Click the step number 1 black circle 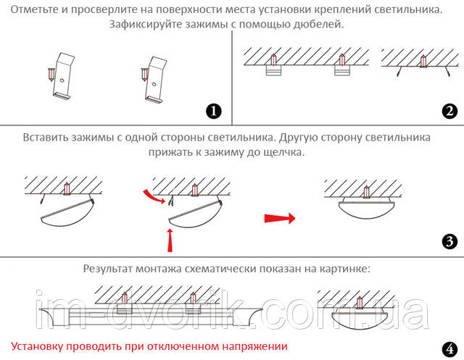coord(214,112)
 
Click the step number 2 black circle coord(449,111)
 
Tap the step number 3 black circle coord(449,241)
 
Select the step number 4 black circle coord(449,349)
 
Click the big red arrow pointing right coord(280,219)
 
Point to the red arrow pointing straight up coord(170,240)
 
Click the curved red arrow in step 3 coord(154,197)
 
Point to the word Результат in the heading coord(108,269)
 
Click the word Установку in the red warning coord(37,346)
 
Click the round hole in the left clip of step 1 coord(62,80)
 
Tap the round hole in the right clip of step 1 coord(154,84)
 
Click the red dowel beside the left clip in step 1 coord(51,74)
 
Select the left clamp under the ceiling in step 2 coord(273,70)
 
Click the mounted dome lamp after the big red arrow coord(363,208)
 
